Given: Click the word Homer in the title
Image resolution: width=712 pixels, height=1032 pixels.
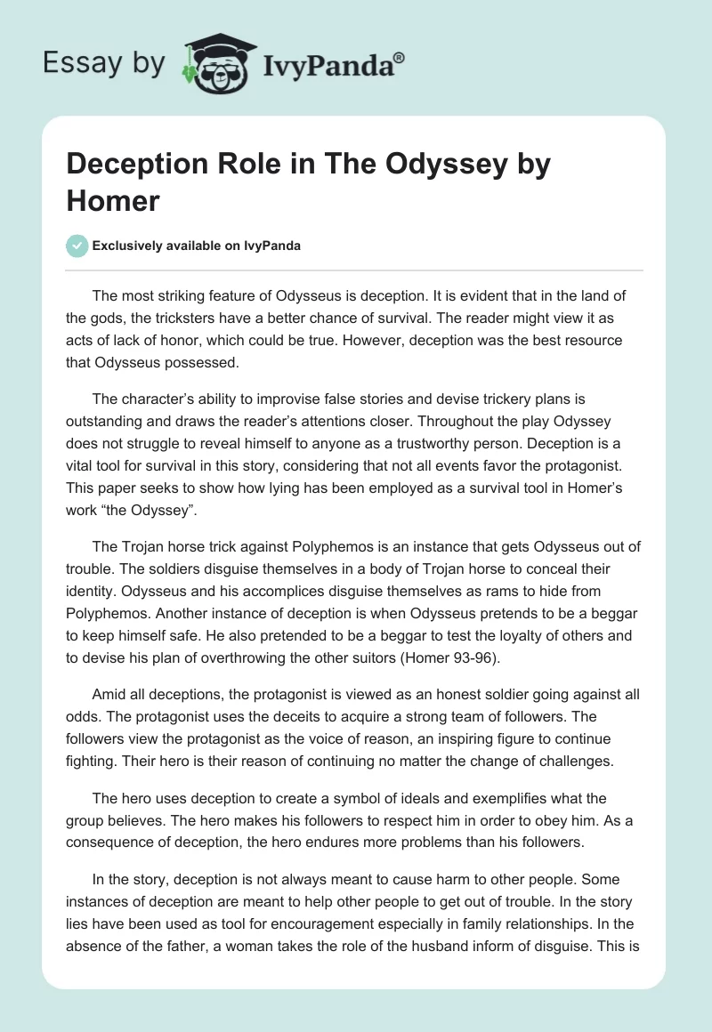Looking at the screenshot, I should (113, 200).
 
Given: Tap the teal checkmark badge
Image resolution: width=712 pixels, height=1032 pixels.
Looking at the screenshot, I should (77, 246).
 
